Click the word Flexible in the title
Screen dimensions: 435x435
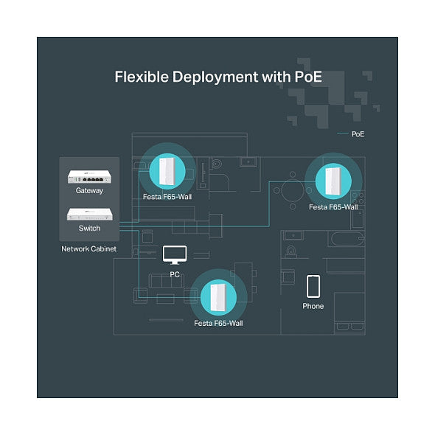[x=142, y=77]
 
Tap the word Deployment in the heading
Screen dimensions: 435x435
[x=215, y=77]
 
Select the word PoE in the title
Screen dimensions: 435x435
[x=308, y=77]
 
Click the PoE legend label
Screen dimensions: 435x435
[x=358, y=134]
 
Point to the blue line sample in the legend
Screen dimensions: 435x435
[x=343, y=133]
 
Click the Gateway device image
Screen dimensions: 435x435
[x=89, y=177]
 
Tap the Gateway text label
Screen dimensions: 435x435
[x=89, y=191]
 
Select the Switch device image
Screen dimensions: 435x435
[x=90, y=214]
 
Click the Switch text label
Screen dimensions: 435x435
[x=89, y=228]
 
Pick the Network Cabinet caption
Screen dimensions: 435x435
[x=88, y=249]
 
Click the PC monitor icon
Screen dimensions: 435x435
[x=175, y=255]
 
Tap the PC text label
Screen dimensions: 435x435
[x=175, y=274]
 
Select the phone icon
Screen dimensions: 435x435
[x=313, y=286]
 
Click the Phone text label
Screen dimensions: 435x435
[x=313, y=306]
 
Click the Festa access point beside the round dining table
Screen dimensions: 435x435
[x=333, y=181]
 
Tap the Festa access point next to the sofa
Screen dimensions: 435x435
[x=218, y=297]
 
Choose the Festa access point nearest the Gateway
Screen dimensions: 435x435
[x=167, y=171]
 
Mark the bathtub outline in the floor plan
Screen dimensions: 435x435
[x=347, y=239]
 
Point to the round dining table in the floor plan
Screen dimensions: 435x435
[x=293, y=191]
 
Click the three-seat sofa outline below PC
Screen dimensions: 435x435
[x=166, y=281]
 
